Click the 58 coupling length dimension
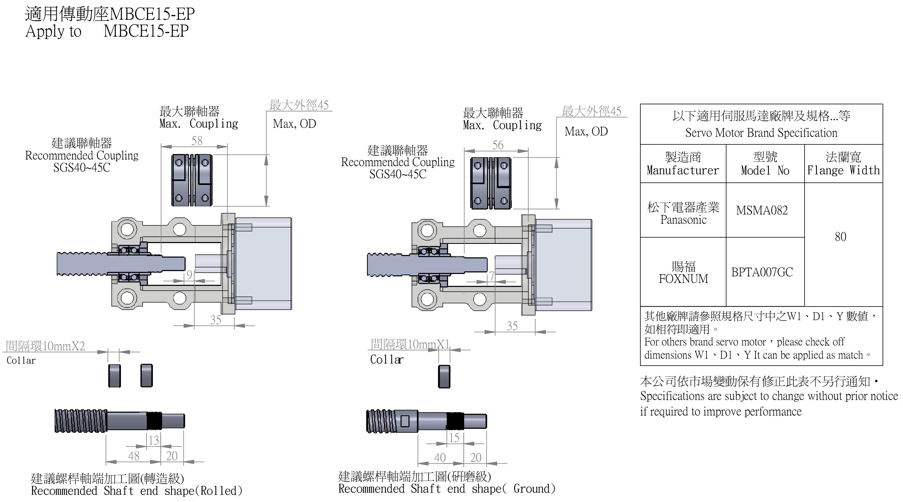[x=197, y=141]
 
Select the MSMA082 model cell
[x=762, y=210]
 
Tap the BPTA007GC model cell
[x=762, y=272]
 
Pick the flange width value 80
[x=840, y=237]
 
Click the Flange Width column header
[x=843, y=164]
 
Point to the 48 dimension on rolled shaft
[x=134, y=456]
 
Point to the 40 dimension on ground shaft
[x=440, y=457]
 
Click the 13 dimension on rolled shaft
[x=154, y=440]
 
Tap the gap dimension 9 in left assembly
[x=189, y=275]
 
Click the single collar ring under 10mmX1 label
[x=444, y=376]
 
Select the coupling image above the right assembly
[x=490, y=183]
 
